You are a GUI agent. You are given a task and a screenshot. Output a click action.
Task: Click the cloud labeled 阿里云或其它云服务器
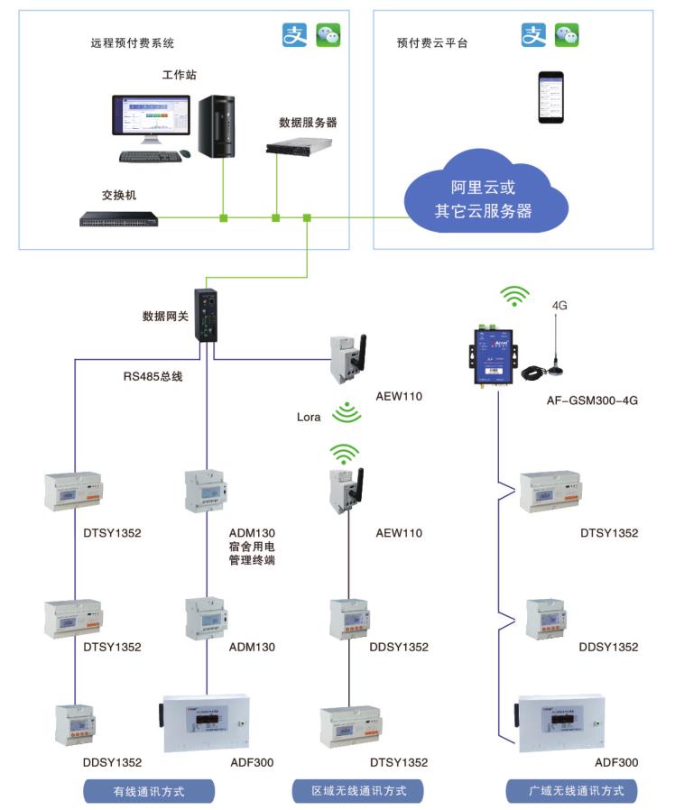[485, 199]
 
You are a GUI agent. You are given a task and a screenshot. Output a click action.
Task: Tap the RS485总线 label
[153, 376]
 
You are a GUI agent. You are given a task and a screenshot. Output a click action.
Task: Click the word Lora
[310, 417]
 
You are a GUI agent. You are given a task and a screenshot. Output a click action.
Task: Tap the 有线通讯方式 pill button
[149, 791]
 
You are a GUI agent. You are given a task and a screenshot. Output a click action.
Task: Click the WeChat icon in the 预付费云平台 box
[566, 35]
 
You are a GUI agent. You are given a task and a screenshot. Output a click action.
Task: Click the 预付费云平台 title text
[432, 43]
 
